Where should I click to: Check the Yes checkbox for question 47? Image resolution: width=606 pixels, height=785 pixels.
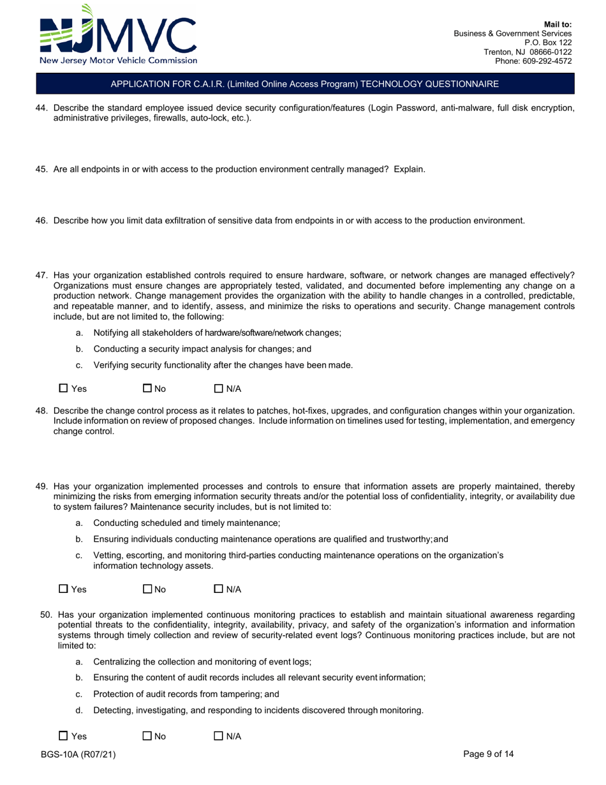point(63,388)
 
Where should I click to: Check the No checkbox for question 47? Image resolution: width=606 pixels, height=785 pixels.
point(147,388)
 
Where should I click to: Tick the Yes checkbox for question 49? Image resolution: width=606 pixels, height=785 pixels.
point(63,588)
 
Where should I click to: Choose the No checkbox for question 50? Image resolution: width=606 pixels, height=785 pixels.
point(147,736)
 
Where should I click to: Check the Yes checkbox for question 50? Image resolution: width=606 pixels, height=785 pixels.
point(63,736)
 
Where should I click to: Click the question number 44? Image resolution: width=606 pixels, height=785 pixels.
point(41,108)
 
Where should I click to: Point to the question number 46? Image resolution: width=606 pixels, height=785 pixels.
point(41,221)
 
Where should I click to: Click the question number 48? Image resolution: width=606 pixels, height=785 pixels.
point(41,411)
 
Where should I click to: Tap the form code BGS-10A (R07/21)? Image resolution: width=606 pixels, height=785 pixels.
point(78,754)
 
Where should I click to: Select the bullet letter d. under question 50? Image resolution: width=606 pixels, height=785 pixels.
point(79,710)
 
